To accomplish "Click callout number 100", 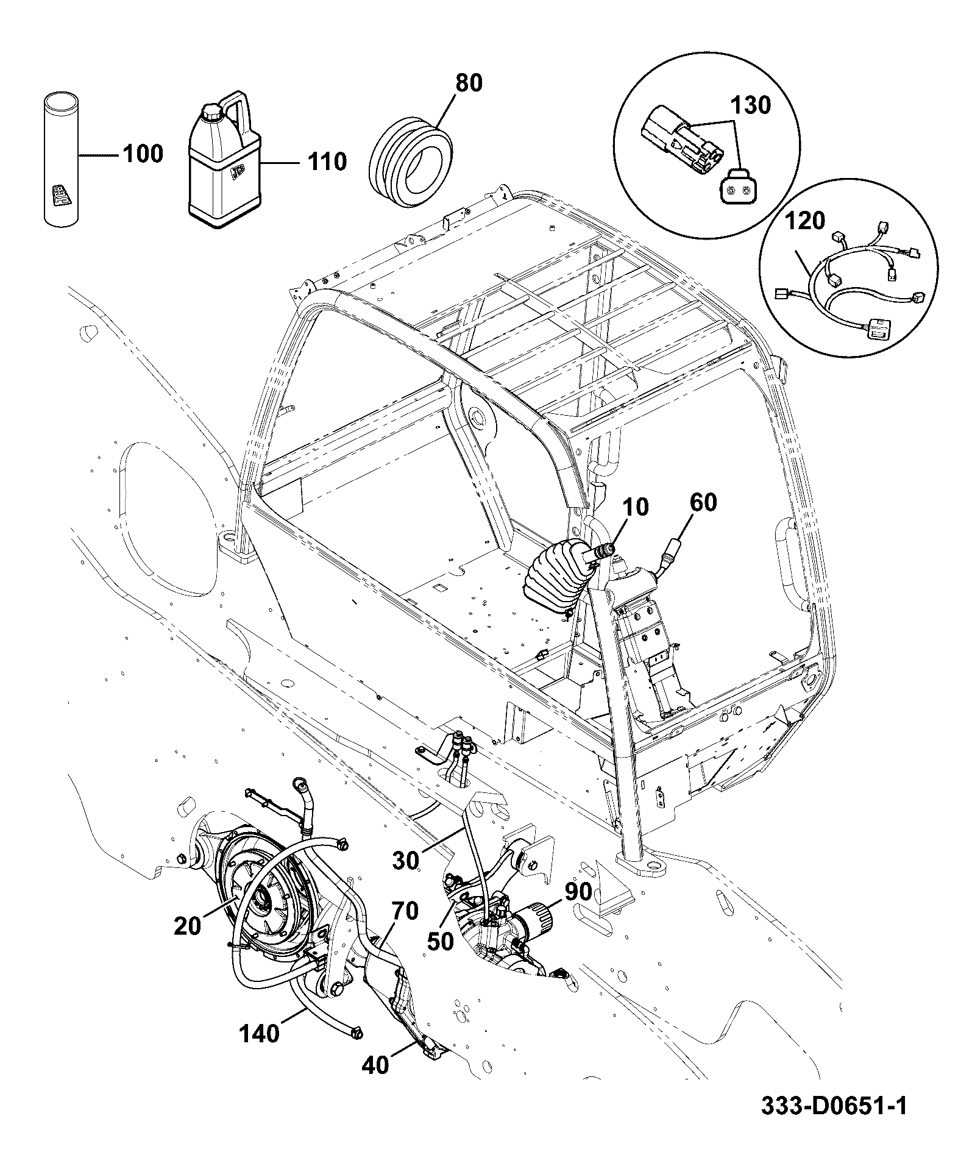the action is pyautogui.click(x=143, y=154).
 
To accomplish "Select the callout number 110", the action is pyautogui.click(x=326, y=162).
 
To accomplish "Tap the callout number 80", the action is pyautogui.click(x=468, y=83).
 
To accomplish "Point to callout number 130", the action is pyautogui.click(x=750, y=105).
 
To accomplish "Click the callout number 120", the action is pyautogui.click(x=805, y=221).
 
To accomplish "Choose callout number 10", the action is pyautogui.click(x=636, y=507).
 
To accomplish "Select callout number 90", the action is pyautogui.click(x=578, y=891).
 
